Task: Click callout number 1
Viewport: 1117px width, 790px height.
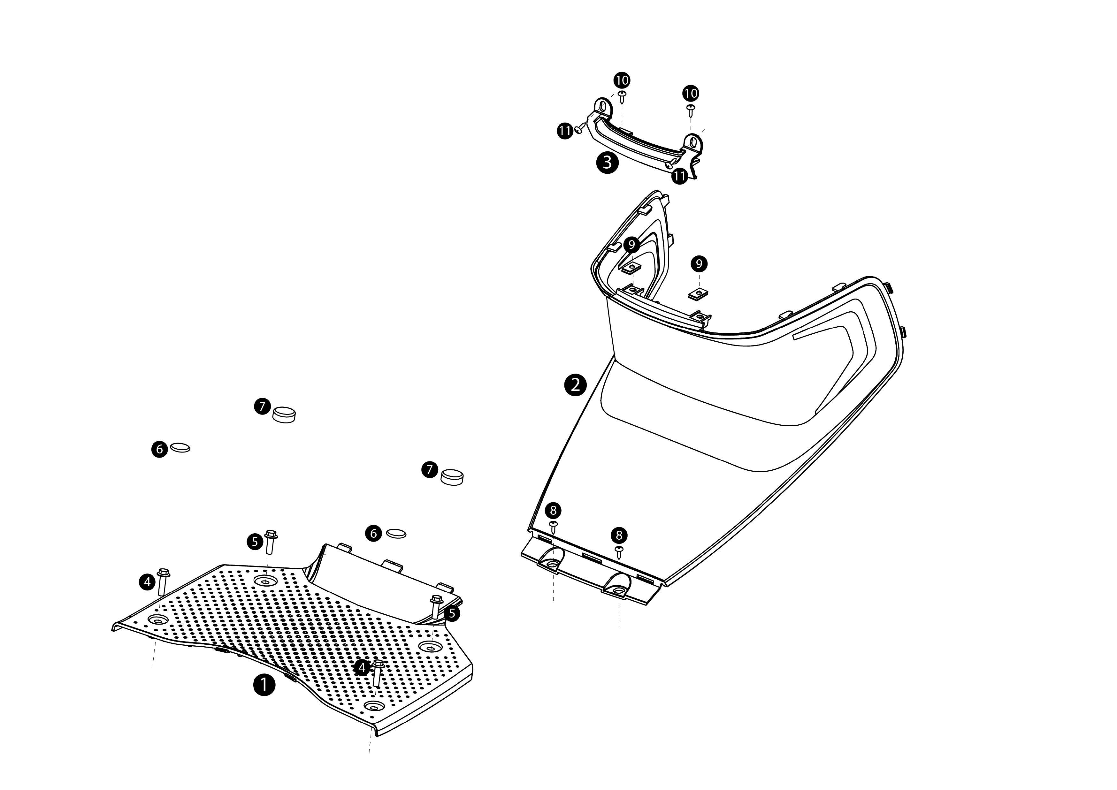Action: click(264, 685)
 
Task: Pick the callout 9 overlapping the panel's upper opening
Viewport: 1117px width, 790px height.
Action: click(631, 245)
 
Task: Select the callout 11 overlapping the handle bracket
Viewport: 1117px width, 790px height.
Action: click(680, 176)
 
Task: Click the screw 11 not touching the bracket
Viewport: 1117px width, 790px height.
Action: click(579, 128)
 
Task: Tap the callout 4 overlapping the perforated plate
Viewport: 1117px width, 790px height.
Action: click(362, 668)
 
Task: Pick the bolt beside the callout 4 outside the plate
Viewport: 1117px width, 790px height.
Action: click(163, 581)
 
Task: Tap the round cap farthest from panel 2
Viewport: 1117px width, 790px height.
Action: click(284, 415)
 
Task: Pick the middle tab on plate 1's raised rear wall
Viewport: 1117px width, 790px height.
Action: click(392, 564)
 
